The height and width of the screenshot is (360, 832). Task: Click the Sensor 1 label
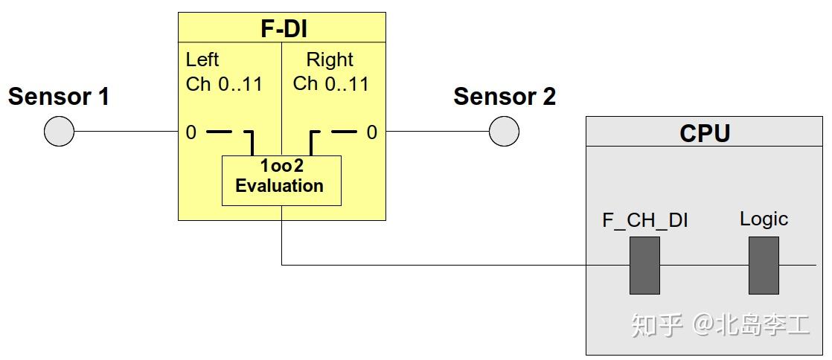click(x=59, y=97)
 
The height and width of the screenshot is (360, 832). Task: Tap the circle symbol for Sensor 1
click(x=59, y=132)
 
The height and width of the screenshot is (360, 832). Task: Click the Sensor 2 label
click(x=505, y=97)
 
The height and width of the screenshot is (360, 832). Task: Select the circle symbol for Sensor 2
click(x=504, y=132)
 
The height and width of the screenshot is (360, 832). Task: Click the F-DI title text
click(x=282, y=29)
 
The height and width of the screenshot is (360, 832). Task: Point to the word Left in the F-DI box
click(x=202, y=60)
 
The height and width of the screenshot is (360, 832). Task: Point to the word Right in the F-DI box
click(x=330, y=60)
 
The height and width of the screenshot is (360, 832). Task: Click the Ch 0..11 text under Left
click(x=224, y=84)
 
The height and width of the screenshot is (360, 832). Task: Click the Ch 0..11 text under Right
click(x=331, y=84)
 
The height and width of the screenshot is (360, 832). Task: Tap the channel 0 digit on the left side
click(x=191, y=132)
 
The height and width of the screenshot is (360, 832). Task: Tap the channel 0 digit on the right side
click(x=371, y=132)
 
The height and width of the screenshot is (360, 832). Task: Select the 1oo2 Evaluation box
click(x=281, y=180)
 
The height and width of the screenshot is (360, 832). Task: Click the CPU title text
click(x=705, y=133)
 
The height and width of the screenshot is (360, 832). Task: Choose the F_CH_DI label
click(x=644, y=220)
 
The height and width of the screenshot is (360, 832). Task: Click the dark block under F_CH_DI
click(x=644, y=266)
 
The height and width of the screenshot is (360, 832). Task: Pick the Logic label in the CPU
click(x=764, y=219)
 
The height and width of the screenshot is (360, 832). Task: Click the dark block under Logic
click(x=764, y=266)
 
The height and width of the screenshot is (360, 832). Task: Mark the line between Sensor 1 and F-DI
click(x=126, y=132)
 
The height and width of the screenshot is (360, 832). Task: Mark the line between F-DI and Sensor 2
click(x=437, y=132)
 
